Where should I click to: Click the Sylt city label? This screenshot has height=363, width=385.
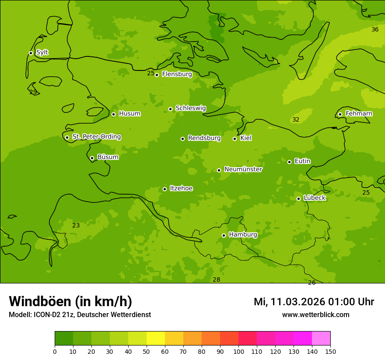pos(42,52)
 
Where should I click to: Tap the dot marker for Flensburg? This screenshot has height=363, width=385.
pos(157,75)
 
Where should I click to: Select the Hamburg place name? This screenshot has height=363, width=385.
pos(243,234)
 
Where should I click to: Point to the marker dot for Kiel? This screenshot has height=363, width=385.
pos(234,139)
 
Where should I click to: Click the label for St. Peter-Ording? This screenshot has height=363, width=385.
pos(96,136)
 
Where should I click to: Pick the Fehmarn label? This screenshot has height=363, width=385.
pos(359,114)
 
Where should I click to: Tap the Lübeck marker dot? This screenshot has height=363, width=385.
pos(298,199)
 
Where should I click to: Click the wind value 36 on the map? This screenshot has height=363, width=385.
pos(375,29)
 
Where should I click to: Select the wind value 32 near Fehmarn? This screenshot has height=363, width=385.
pos(296,119)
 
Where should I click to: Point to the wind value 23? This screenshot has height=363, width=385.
pos(76,225)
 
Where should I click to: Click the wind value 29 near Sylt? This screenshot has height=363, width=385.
pos(33,92)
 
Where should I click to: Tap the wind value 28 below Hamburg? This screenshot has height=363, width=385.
pos(216,279)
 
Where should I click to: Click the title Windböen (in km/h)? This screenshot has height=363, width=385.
pos(70,301)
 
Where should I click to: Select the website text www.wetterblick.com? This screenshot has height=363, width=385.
pos(315,314)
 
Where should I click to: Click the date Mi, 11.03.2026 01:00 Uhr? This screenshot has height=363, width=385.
pos(314,302)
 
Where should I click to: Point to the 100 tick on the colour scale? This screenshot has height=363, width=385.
pos(238,351)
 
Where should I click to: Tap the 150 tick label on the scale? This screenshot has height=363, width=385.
pos(330,351)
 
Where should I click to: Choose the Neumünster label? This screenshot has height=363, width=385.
pos(243,169)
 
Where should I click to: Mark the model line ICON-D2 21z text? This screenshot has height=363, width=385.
pos(80,314)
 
